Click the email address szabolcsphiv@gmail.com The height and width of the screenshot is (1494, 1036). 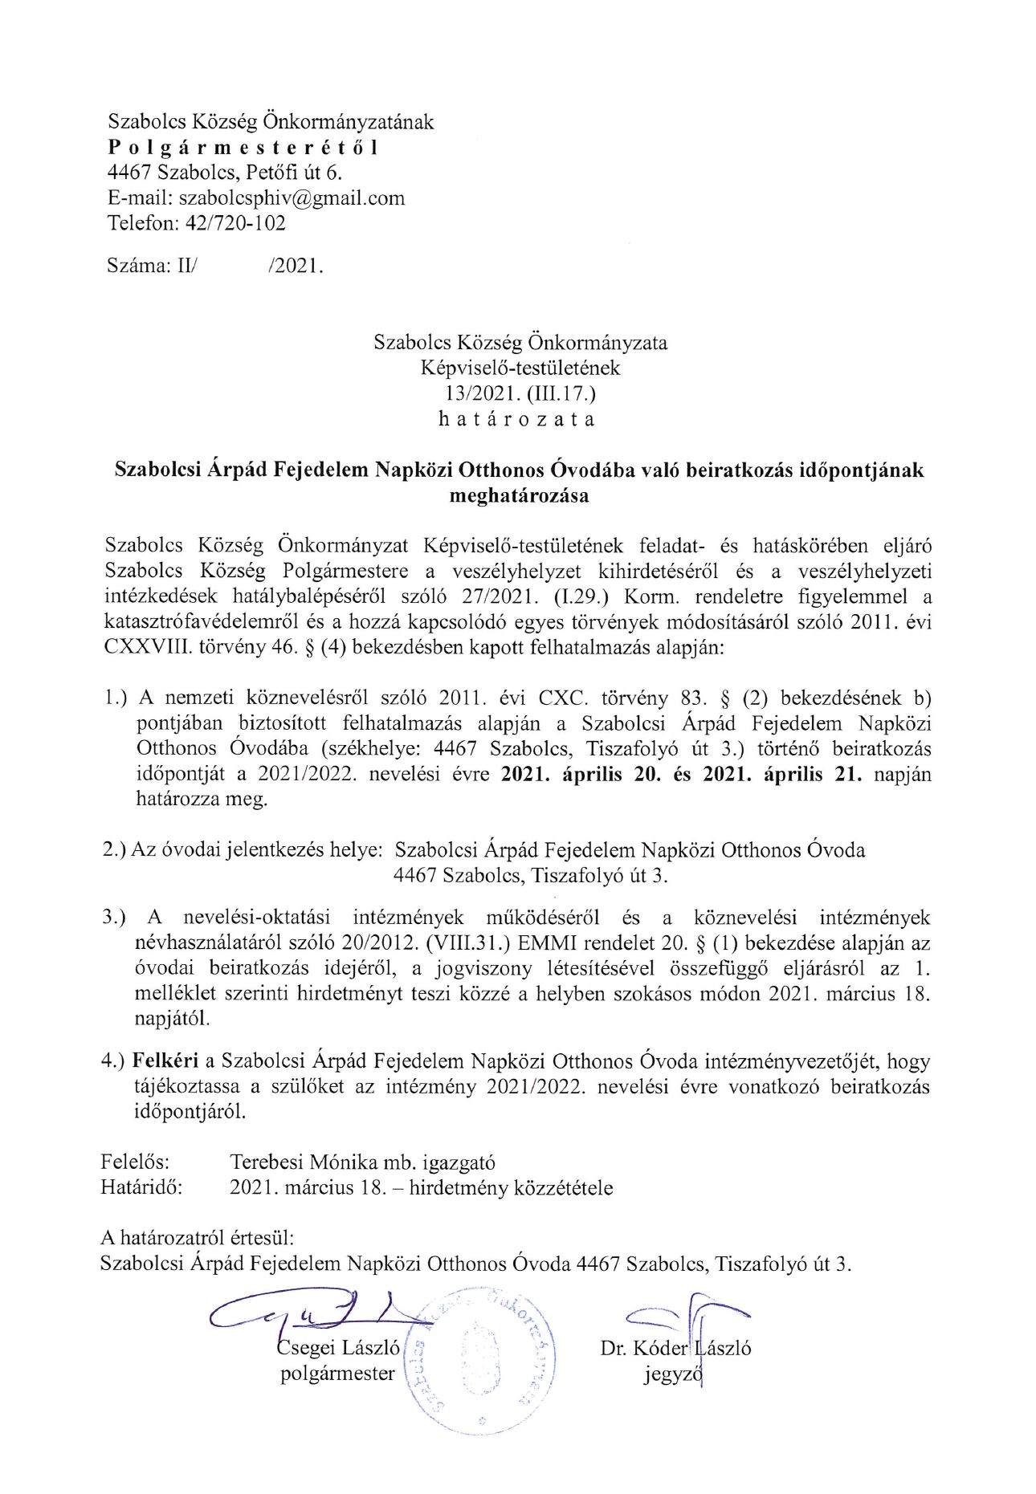292,198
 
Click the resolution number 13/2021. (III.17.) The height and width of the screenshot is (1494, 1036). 520,393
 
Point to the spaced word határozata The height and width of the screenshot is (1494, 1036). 520,419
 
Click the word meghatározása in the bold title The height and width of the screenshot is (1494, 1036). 520,495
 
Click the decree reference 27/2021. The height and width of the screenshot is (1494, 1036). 508,596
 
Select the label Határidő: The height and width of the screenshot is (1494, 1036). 141,1187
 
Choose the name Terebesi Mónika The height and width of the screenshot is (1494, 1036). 304,1162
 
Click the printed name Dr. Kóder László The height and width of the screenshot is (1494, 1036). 675,1349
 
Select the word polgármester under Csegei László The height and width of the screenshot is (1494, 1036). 337,1374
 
